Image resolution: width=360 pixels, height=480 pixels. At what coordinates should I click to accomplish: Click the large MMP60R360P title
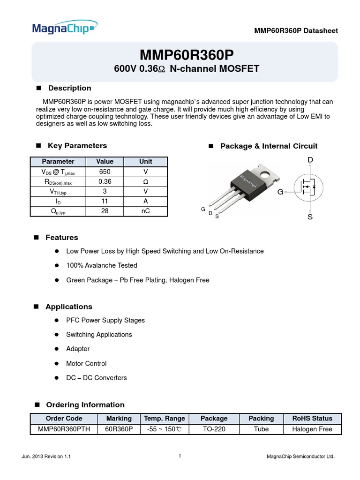pyautogui.click(x=186, y=55)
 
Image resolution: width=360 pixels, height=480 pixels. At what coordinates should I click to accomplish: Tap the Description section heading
pyautogui.click(x=69, y=88)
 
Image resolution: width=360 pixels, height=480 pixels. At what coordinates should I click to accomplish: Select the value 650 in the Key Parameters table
pyautogui.click(x=105, y=172)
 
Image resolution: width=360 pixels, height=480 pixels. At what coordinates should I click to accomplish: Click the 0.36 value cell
pyautogui.click(x=105, y=181)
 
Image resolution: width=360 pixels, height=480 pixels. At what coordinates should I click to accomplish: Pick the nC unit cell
pyautogui.click(x=145, y=211)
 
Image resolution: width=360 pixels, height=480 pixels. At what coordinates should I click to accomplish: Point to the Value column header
pyautogui.click(x=105, y=161)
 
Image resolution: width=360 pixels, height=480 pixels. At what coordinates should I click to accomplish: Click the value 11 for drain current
pyautogui.click(x=105, y=201)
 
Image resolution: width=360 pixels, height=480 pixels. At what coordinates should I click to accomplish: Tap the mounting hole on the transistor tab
pyautogui.click(x=267, y=176)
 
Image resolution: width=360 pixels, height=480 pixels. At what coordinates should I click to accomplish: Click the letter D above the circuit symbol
pyautogui.click(x=310, y=161)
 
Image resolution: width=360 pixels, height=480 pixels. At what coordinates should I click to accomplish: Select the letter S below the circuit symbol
pyautogui.click(x=310, y=217)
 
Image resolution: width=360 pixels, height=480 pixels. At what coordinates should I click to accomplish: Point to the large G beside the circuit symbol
pyautogui.click(x=280, y=192)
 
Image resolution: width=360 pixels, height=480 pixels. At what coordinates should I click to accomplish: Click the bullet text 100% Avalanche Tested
pyautogui.click(x=102, y=265)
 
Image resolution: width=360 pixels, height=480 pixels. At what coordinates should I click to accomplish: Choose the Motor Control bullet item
pyautogui.click(x=86, y=363)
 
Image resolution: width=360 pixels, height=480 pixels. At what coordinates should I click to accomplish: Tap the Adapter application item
pyautogui.click(x=78, y=349)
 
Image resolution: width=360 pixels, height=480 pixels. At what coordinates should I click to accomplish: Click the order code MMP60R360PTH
pyautogui.click(x=64, y=429)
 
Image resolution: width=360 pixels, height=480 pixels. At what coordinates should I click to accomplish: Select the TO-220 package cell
pyautogui.click(x=214, y=429)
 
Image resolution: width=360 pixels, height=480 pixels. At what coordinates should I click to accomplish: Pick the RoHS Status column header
pyautogui.click(x=312, y=418)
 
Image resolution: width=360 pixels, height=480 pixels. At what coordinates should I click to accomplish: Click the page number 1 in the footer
pyautogui.click(x=180, y=456)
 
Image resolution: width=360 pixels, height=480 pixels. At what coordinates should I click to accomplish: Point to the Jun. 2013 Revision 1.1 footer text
pyautogui.click(x=46, y=457)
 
